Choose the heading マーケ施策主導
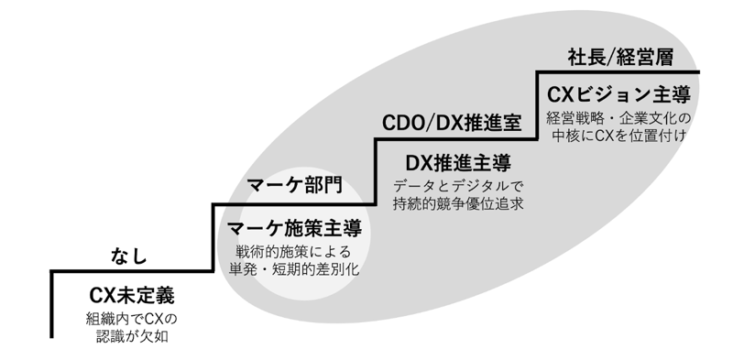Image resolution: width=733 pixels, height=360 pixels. [x=293, y=228]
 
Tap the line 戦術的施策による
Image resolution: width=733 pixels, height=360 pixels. [x=293, y=250]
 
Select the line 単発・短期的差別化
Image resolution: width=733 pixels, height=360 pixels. [x=293, y=269]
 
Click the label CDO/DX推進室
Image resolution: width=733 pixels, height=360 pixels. [x=452, y=123]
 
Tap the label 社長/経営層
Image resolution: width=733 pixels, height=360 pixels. [x=619, y=58]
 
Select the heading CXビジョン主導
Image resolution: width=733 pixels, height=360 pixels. [x=618, y=95]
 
